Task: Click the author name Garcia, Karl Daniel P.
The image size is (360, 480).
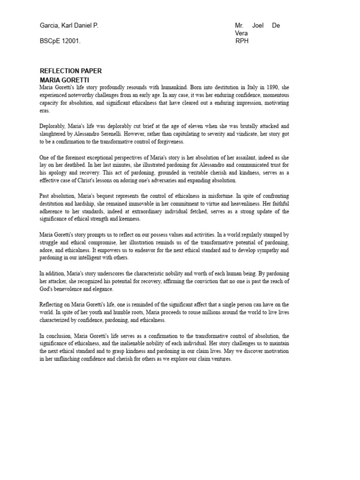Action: tap(69, 26)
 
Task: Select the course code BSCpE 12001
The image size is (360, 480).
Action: tap(60, 41)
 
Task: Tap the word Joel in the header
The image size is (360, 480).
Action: tap(258, 26)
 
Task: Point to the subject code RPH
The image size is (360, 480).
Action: tap(242, 41)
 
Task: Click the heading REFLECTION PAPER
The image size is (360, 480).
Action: tap(71, 71)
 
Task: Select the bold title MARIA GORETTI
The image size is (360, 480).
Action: tap(64, 80)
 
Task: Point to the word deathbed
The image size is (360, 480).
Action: tap(72, 165)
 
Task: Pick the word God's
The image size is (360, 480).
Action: tap(47, 289)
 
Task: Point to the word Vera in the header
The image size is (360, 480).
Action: tap(242, 33)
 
